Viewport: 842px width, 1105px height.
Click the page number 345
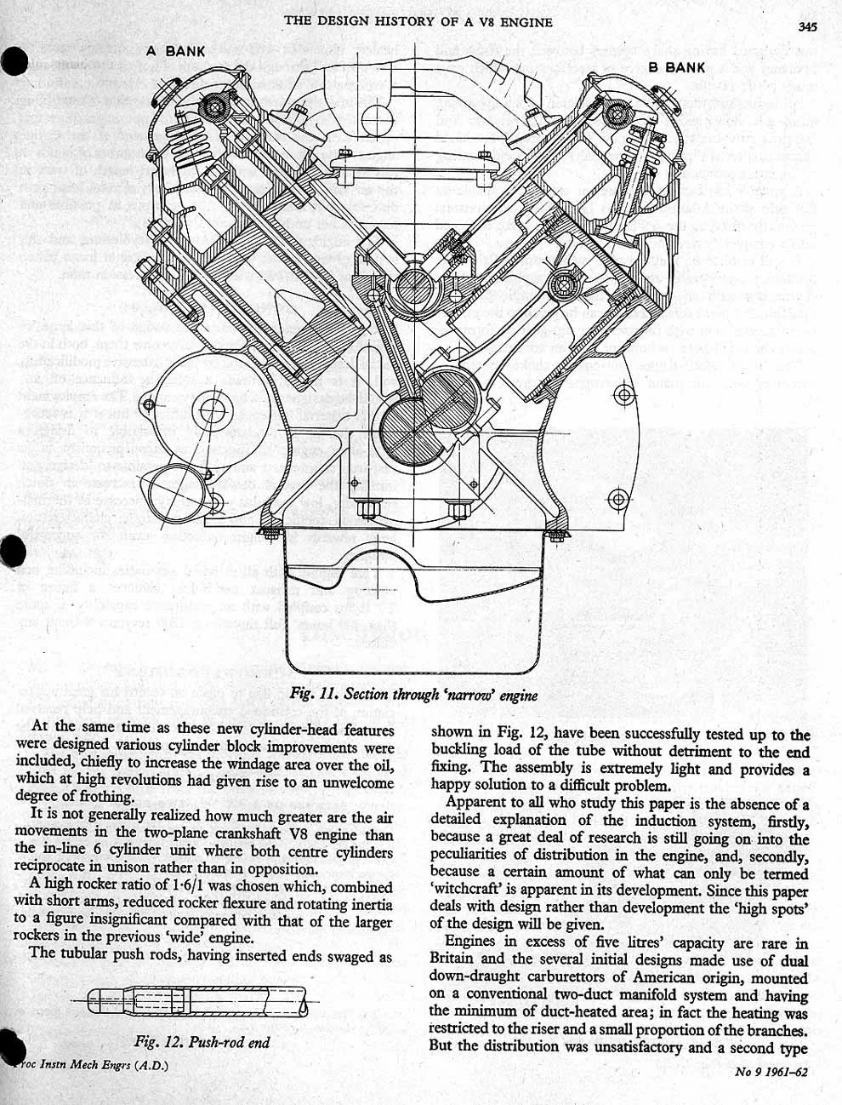(807, 26)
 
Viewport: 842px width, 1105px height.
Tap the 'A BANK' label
(176, 51)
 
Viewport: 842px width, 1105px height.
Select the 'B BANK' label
(676, 66)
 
